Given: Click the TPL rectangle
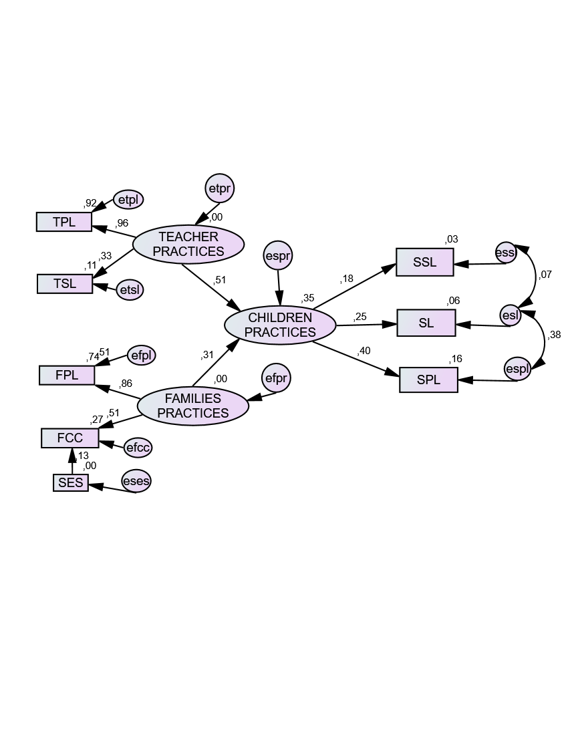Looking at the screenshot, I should (64, 222).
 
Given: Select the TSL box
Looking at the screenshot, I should (65, 283).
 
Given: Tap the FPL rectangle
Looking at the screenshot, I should (67, 375).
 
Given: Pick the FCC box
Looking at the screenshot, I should (70, 438).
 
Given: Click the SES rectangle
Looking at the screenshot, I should (71, 482).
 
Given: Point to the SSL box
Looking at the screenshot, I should (425, 262).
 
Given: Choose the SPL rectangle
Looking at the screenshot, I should (428, 380).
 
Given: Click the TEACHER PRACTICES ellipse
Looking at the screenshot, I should (188, 244).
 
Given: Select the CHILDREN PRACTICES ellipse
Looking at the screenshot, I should (280, 325).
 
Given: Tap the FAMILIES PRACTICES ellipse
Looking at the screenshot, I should (192, 406).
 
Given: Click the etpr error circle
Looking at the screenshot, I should (220, 189).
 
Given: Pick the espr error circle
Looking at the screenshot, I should (279, 256).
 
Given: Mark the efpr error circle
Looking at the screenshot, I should (276, 379).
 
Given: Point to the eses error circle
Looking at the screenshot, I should (136, 480).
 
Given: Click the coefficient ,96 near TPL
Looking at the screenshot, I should (122, 223).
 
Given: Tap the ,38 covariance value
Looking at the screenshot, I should (554, 335).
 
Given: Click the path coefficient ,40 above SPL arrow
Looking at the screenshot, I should (364, 351).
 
